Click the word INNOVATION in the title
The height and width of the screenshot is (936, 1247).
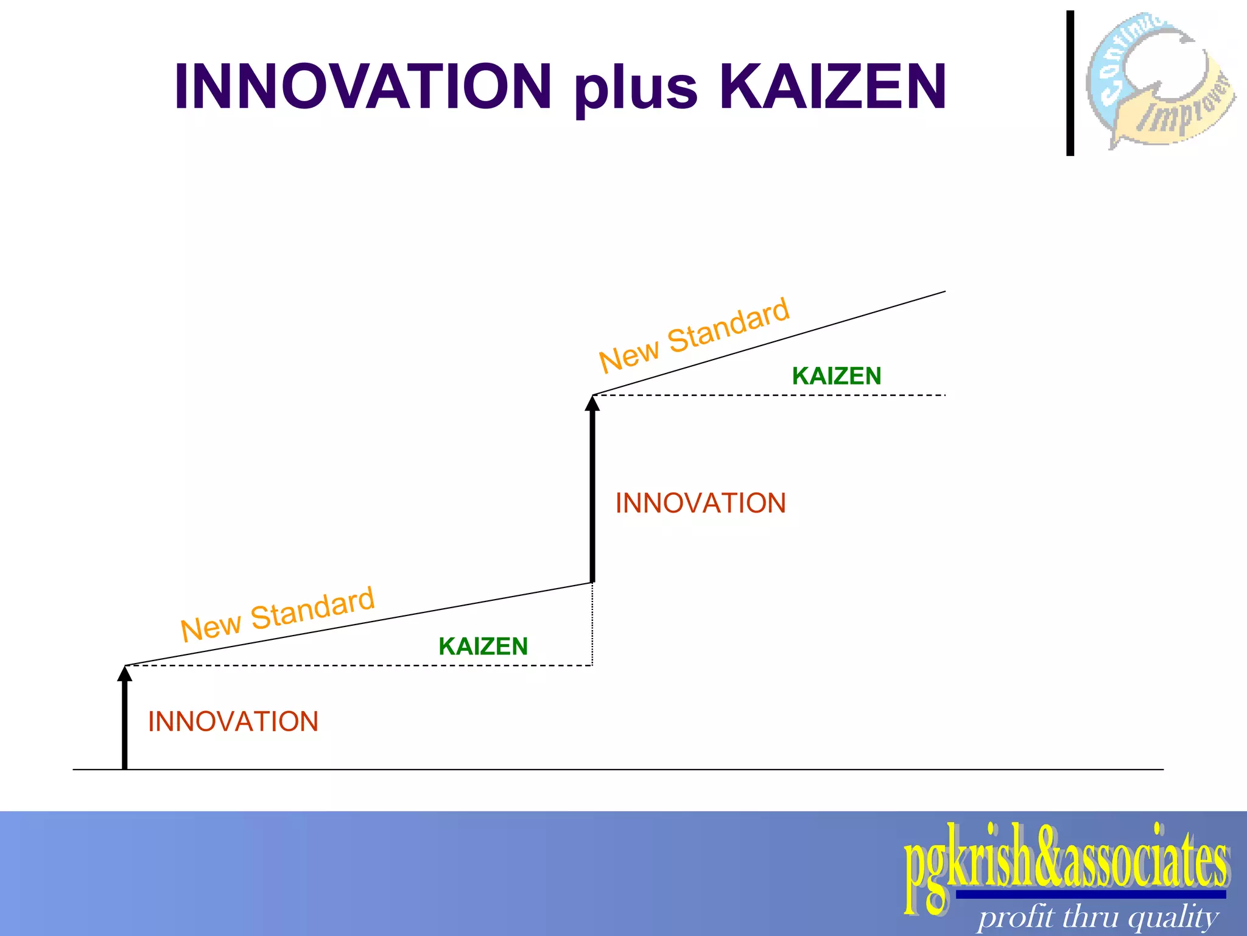coord(363,87)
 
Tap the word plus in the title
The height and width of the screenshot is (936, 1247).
coord(636,88)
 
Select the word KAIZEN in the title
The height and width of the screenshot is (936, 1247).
coord(833,87)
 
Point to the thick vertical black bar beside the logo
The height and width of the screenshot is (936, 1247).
coord(1070,83)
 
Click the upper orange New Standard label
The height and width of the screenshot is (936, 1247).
coord(694,335)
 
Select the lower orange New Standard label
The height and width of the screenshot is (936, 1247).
coord(278,614)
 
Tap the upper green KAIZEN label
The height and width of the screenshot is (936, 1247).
coord(837,376)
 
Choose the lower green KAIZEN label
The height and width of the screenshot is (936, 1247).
coord(483,647)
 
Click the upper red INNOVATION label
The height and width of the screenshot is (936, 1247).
coord(701,503)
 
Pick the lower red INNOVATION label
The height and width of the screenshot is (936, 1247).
coord(233,721)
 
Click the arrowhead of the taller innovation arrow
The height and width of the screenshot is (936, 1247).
coord(592,403)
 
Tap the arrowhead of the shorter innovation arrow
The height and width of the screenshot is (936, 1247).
coord(125,673)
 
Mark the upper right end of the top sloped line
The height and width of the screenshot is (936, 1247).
coord(944,292)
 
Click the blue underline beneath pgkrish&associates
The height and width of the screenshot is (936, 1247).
coord(1090,895)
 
